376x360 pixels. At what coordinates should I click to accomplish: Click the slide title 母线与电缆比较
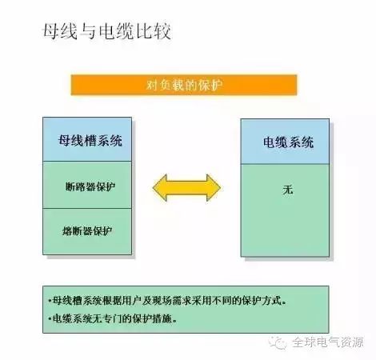106,32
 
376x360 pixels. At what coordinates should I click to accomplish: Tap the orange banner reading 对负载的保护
184,85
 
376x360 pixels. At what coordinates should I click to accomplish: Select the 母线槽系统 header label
90,141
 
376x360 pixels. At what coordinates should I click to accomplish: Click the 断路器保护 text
90,186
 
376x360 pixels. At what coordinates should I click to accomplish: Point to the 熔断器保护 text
87,231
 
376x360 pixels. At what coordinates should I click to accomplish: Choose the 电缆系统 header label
288,142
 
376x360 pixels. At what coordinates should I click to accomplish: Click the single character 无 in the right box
288,190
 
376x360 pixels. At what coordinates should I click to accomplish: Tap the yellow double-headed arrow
186,188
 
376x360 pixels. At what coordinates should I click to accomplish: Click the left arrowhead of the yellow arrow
160,188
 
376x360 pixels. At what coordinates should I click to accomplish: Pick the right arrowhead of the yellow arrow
214,188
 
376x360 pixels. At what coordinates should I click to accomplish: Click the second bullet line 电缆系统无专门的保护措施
113,318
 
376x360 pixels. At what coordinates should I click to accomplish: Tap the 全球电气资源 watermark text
328,342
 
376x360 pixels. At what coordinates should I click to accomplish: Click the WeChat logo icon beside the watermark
278,342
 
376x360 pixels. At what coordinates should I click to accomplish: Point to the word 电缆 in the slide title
116,32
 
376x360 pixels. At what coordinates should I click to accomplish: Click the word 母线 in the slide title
60,32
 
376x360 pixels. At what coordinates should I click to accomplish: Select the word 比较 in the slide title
154,32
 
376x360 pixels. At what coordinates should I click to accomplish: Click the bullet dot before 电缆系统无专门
50,318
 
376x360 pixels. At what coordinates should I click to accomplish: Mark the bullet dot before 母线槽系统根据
50,301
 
